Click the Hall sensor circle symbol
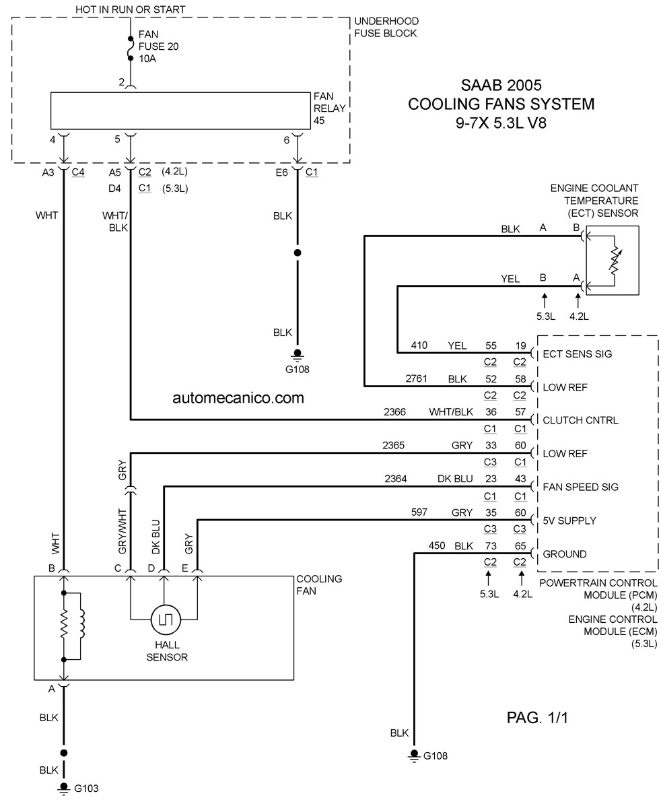click(x=166, y=619)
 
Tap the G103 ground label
click(x=86, y=788)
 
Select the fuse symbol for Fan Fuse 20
click(x=131, y=48)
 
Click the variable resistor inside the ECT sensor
click(x=615, y=261)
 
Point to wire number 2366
click(x=394, y=412)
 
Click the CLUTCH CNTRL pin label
click(x=580, y=420)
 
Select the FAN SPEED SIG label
click(x=580, y=487)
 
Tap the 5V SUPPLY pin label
click(x=569, y=520)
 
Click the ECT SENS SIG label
click(x=577, y=354)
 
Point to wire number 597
click(x=419, y=512)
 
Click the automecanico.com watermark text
click(x=238, y=398)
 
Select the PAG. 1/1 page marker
click(x=537, y=718)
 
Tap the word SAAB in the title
click(x=482, y=85)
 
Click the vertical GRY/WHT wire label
click(x=122, y=531)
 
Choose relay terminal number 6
click(x=287, y=140)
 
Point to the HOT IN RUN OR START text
click(x=130, y=9)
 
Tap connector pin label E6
click(x=281, y=173)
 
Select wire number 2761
click(x=416, y=378)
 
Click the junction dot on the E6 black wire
click(x=298, y=252)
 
